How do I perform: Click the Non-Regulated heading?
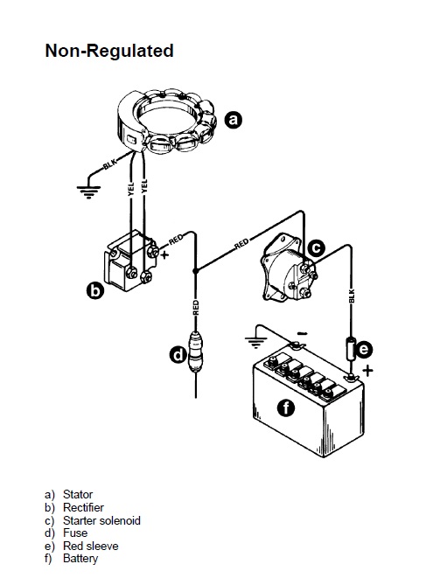pyautogui.click(x=109, y=51)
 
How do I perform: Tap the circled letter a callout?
pyautogui.click(x=234, y=120)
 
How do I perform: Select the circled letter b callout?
pyautogui.click(x=95, y=290)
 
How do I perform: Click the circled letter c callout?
pyautogui.click(x=316, y=247)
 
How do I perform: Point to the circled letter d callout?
pyautogui.click(x=178, y=355)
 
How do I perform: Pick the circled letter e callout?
pyautogui.click(x=364, y=349)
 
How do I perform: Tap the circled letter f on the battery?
pyautogui.click(x=286, y=407)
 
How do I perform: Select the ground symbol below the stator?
pyautogui.click(x=88, y=192)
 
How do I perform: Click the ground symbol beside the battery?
pyautogui.click(x=256, y=343)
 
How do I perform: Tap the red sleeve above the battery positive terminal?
pyautogui.click(x=351, y=348)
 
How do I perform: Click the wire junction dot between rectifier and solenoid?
pyautogui.click(x=195, y=271)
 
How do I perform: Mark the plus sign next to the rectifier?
pyautogui.click(x=164, y=254)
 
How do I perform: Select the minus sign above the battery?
pyautogui.click(x=302, y=334)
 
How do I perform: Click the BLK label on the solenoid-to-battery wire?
pyautogui.click(x=352, y=296)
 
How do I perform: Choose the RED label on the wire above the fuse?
pyautogui.click(x=196, y=308)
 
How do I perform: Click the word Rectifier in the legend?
pyautogui.click(x=83, y=507)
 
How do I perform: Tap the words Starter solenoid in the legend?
pyautogui.click(x=101, y=520)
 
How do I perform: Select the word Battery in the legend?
pyautogui.click(x=80, y=559)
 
